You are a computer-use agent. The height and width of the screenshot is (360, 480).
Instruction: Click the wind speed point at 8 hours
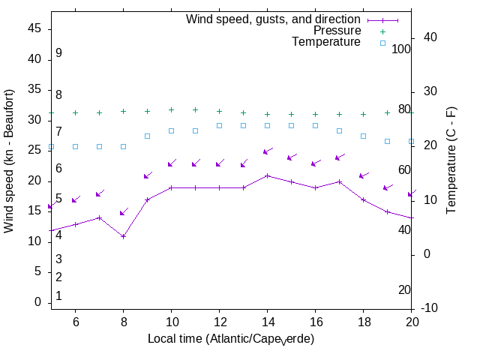(123, 236)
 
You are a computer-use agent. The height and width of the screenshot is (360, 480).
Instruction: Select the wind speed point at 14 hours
(267, 175)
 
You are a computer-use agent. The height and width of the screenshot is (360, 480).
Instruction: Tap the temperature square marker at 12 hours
(219, 125)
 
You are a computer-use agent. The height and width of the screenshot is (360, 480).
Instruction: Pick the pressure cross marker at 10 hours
(171, 110)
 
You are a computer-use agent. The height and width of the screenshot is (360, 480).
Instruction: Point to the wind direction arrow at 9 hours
(147, 175)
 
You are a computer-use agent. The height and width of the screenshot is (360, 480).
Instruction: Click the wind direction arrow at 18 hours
(363, 175)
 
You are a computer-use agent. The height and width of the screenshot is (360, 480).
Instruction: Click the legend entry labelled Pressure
(337, 31)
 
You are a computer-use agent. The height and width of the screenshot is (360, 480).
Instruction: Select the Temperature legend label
(326, 43)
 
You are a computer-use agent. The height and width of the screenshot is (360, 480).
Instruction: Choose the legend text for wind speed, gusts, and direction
(273, 19)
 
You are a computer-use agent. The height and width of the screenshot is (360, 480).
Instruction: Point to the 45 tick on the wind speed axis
(34, 28)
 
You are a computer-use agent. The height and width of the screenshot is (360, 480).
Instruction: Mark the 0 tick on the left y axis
(38, 302)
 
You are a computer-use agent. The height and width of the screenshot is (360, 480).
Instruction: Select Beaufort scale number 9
(58, 53)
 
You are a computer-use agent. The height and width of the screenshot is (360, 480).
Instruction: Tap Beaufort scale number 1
(58, 296)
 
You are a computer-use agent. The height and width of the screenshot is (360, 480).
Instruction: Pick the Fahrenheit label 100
(401, 49)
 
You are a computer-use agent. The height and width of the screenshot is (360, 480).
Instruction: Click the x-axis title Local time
(231, 339)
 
